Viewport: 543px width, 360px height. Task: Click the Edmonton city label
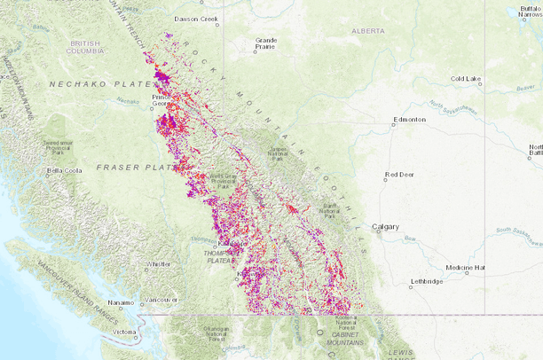(x=410, y=120)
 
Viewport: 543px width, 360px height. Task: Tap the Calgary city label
(x=387, y=226)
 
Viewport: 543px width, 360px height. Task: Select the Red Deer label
(x=398, y=176)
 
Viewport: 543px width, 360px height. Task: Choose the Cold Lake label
(x=466, y=79)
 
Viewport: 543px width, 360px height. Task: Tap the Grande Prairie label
(x=266, y=43)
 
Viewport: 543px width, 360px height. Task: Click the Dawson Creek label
(x=197, y=18)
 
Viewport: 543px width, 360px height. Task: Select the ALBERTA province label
(x=368, y=30)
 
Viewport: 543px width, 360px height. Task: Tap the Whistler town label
(x=159, y=263)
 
